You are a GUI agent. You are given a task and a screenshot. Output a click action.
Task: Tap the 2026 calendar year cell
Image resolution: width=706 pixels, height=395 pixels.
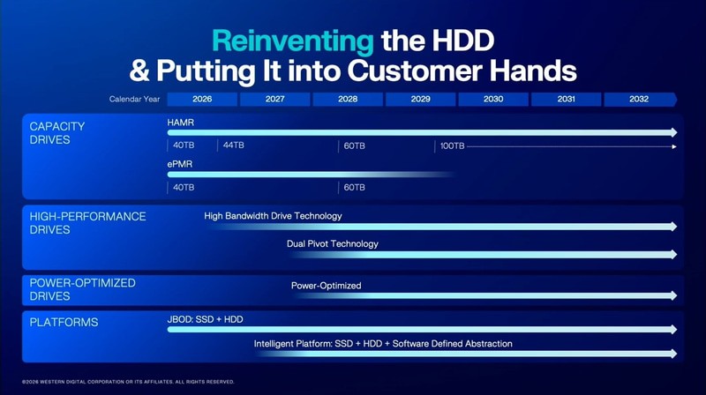[x=202, y=100]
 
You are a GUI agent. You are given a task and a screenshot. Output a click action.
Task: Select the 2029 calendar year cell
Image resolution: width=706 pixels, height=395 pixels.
[x=420, y=100]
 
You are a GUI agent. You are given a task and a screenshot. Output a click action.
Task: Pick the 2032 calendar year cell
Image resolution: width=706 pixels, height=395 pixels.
[x=639, y=100]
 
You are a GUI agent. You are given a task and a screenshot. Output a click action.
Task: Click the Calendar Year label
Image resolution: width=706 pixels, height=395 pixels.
[x=135, y=100]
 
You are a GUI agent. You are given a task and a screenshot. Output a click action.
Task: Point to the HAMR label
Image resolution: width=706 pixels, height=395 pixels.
[x=180, y=122]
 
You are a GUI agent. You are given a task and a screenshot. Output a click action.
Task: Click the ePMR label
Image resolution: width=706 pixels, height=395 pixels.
[x=180, y=164]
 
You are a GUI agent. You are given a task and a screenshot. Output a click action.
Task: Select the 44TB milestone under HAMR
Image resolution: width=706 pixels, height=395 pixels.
[x=234, y=145]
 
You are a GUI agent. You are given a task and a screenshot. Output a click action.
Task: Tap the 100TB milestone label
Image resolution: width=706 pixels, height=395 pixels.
[x=452, y=145]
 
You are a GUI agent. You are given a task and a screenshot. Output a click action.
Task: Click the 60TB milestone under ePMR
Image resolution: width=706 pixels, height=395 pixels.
[x=354, y=187]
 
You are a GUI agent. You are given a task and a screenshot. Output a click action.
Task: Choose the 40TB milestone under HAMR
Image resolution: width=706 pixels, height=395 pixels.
[x=184, y=145]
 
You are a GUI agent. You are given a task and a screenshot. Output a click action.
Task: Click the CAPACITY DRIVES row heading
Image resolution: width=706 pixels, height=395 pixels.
[x=57, y=133]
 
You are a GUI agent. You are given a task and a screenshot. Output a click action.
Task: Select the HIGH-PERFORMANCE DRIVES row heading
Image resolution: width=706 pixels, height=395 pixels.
[x=87, y=223]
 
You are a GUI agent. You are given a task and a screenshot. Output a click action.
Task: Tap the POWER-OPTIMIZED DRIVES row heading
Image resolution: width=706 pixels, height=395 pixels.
[x=82, y=290]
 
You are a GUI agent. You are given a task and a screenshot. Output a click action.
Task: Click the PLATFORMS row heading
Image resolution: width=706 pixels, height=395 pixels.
[x=64, y=323]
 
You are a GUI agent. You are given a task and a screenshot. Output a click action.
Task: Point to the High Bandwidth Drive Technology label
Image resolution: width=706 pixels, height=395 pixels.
[x=273, y=216]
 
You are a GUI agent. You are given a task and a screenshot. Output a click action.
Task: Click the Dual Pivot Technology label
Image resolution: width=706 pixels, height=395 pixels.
[x=332, y=244]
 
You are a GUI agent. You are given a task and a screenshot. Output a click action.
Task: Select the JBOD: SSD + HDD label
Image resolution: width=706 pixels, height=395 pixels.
[x=205, y=319]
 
